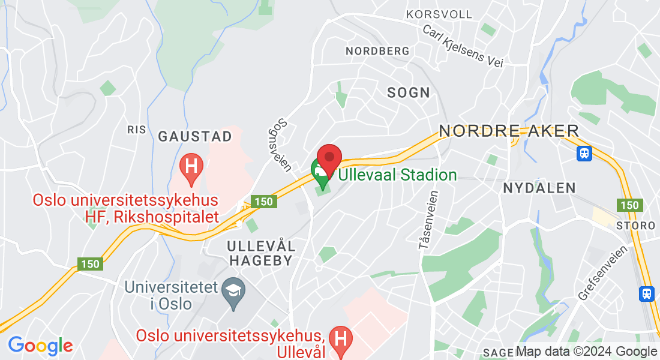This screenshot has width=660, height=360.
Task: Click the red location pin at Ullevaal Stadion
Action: tap(329, 159)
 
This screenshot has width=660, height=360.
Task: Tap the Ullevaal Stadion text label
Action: tap(397, 175)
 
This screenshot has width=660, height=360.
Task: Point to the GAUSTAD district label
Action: tap(195, 137)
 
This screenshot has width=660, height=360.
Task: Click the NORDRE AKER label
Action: tap(509, 131)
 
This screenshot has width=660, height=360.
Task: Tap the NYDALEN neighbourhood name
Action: tap(539, 188)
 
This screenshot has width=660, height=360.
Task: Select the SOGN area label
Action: tap(409, 92)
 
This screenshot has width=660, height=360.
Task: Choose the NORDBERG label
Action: tap(377, 52)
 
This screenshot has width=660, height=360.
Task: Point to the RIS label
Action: tap(137, 130)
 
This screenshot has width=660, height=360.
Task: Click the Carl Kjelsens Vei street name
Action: tap(462, 46)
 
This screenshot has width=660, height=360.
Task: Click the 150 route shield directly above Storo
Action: tap(630, 205)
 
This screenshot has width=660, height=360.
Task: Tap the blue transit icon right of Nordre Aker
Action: tap(584, 154)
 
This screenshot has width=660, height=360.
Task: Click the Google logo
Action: tap(40, 346)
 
